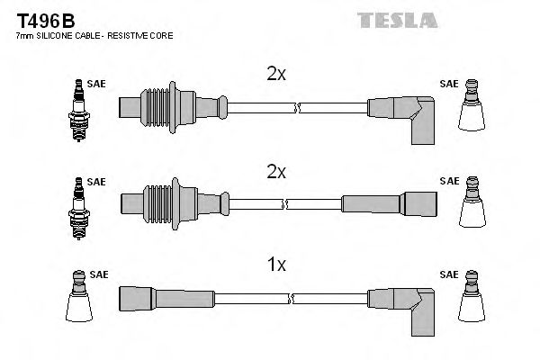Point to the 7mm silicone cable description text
click(94, 35)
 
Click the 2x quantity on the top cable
click(275, 76)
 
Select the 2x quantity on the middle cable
click(275, 171)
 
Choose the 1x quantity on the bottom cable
click(276, 265)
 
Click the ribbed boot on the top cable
click(162, 105)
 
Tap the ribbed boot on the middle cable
click(162, 201)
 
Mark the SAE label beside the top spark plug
click(96, 84)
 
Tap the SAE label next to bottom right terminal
click(448, 274)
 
